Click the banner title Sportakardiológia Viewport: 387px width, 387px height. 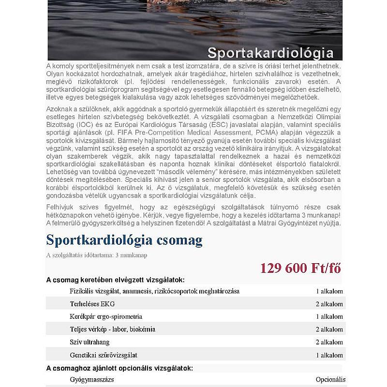(270, 52)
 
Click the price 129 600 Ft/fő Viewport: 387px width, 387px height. (300, 268)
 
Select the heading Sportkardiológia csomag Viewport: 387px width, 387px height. (124, 240)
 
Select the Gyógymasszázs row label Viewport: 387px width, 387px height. (91, 380)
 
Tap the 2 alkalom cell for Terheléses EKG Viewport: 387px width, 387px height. (329, 304)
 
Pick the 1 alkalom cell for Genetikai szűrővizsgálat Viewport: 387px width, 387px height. (329, 355)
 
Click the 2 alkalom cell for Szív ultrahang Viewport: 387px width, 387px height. (329, 342)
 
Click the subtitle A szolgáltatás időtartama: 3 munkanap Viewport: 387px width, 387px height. (96, 255)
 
